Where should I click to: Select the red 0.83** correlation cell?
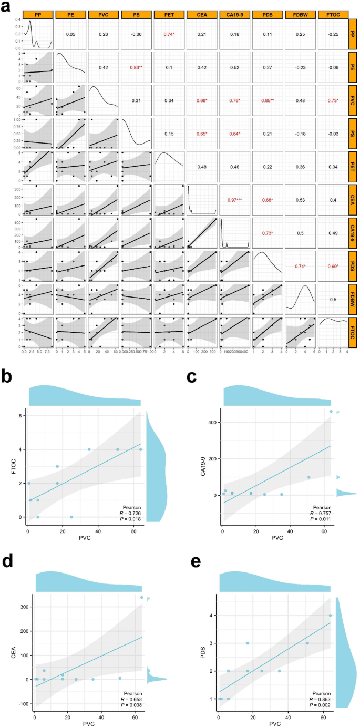[137, 67]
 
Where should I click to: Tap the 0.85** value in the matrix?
[269, 99]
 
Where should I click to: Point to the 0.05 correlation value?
[71, 34]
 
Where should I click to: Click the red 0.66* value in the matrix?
[203, 99]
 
